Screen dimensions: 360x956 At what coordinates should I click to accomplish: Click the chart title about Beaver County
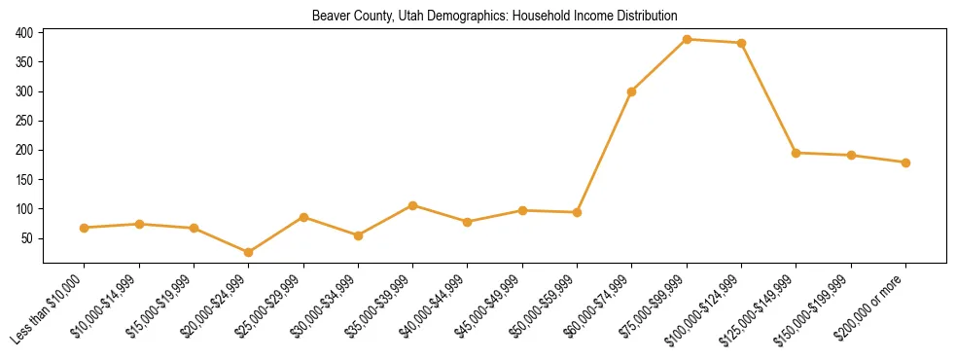pyautogui.click(x=494, y=16)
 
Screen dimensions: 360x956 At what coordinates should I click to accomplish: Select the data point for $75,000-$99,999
pyautogui.click(x=687, y=40)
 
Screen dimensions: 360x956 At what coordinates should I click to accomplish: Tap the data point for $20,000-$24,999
pyautogui.click(x=248, y=252)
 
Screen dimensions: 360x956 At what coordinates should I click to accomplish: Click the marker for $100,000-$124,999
pyautogui.click(x=742, y=43)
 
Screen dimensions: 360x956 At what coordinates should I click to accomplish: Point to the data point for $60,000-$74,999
pyautogui.click(x=632, y=91)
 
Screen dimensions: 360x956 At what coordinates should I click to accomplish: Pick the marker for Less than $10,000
pyautogui.click(x=85, y=228)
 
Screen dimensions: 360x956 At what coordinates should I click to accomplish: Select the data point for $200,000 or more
pyautogui.click(x=905, y=162)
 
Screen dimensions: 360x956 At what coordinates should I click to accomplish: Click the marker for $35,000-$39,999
pyautogui.click(x=412, y=205)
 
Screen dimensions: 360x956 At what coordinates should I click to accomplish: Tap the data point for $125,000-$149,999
pyautogui.click(x=797, y=153)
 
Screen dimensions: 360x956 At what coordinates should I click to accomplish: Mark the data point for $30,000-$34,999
pyautogui.click(x=358, y=235)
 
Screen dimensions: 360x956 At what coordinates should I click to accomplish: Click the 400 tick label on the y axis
pyautogui.click(x=25, y=33)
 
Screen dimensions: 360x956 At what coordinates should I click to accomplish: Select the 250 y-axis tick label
pyautogui.click(x=25, y=121)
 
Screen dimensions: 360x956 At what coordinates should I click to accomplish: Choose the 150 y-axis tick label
pyautogui.click(x=25, y=180)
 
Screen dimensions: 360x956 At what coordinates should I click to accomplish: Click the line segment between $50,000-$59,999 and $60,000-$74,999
pyautogui.click(x=605, y=152)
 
